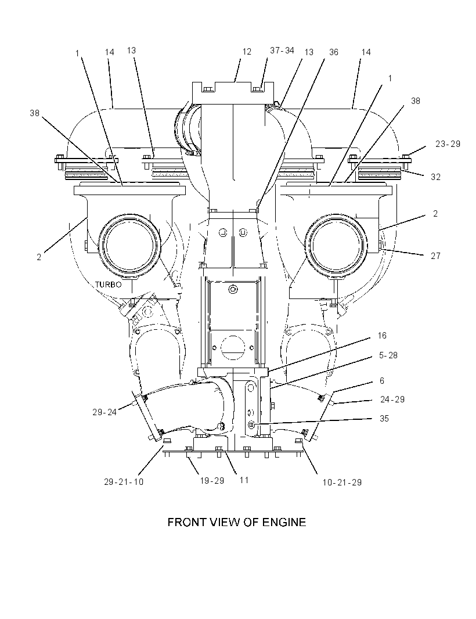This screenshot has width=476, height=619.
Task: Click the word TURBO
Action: click(x=108, y=284)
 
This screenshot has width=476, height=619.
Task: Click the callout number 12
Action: click(x=247, y=52)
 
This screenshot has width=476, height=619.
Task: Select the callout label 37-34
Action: click(x=282, y=51)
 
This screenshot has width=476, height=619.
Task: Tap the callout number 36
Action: click(x=334, y=52)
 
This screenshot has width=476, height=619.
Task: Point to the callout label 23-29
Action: click(x=448, y=144)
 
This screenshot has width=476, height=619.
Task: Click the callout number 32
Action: click(x=435, y=177)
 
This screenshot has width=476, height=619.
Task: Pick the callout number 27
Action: click(x=435, y=256)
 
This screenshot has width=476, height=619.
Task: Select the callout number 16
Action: click(x=382, y=336)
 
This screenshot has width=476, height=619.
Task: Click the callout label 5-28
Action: click(x=388, y=355)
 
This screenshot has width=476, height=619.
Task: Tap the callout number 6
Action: click(x=382, y=381)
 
